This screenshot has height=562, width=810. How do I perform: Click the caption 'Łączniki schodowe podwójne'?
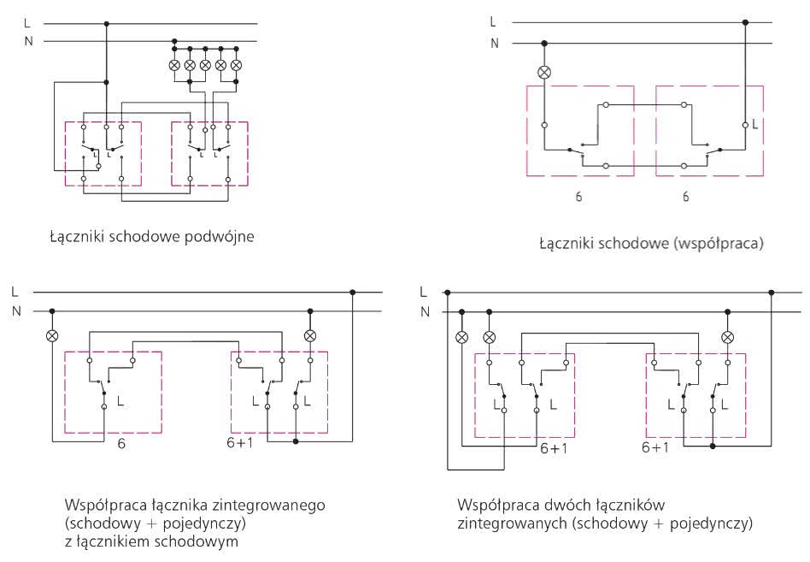(x=152, y=237)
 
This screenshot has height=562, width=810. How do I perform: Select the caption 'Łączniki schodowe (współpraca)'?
(x=651, y=243)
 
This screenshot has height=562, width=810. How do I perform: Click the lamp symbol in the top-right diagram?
(x=544, y=73)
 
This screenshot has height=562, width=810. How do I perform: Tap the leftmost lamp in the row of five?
(x=174, y=65)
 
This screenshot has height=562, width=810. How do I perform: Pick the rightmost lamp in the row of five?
(x=236, y=65)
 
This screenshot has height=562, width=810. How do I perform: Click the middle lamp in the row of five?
(x=205, y=65)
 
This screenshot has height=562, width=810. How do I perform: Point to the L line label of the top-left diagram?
(x=26, y=23)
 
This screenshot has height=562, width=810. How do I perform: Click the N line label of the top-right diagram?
(x=495, y=44)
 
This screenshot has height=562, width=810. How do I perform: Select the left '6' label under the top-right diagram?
(x=578, y=197)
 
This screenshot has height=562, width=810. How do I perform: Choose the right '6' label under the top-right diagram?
(x=685, y=197)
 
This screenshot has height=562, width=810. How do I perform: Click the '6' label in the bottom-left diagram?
(x=121, y=444)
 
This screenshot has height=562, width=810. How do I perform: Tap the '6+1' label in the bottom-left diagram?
(x=240, y=442)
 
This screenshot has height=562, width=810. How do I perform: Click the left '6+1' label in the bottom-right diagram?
(x=554, y=448)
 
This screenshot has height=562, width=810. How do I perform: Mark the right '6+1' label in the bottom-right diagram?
(x=655, y=447)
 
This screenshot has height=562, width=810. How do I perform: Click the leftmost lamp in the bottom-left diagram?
(x=51, y=336)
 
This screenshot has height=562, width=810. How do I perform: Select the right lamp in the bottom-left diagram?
(x=310, y=336)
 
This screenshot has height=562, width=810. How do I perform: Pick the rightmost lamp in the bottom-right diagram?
(x=727, y=338)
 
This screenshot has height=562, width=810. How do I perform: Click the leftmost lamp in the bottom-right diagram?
(x=462, y=338)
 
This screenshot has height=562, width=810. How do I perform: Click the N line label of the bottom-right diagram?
(x=426, y=311)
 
